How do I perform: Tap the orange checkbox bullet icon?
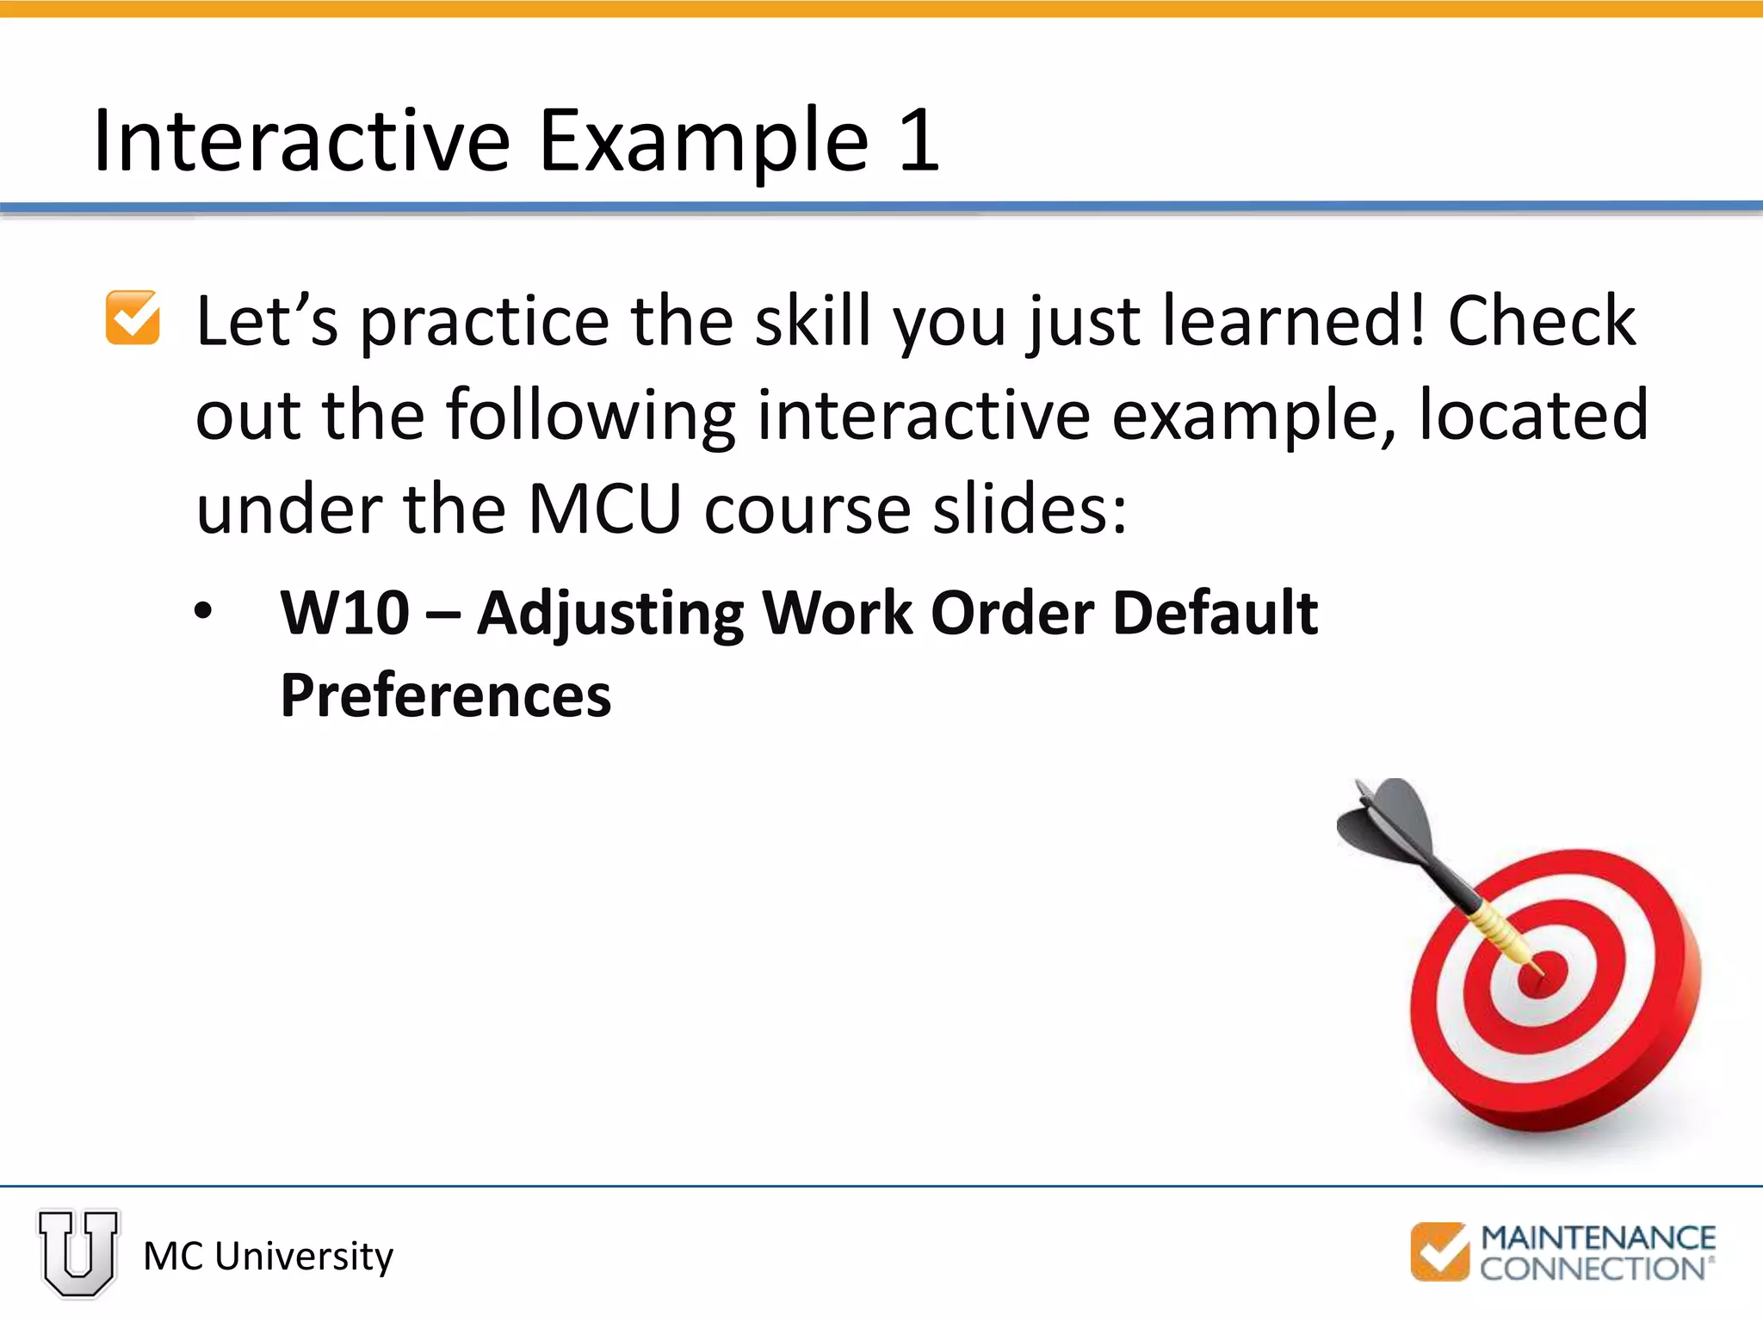click(133, 318)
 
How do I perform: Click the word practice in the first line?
click(485, 322)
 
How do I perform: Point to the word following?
click(590, 417)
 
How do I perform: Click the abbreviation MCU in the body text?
click(604, 510)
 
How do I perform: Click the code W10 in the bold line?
click(345, 613)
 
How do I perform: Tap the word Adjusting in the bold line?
click(610, 615)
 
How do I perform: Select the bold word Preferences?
click(446, 695)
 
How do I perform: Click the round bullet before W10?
click(203, 612)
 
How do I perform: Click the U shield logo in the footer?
click(78, 1252)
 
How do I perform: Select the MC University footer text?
click(268, 1256)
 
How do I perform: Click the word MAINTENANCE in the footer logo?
click(1598, 1239)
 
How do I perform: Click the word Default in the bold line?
click(1215, 613)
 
